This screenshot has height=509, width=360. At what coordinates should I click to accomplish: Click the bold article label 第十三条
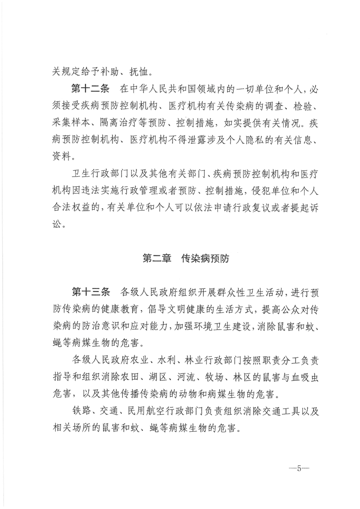[x=89, y=291]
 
